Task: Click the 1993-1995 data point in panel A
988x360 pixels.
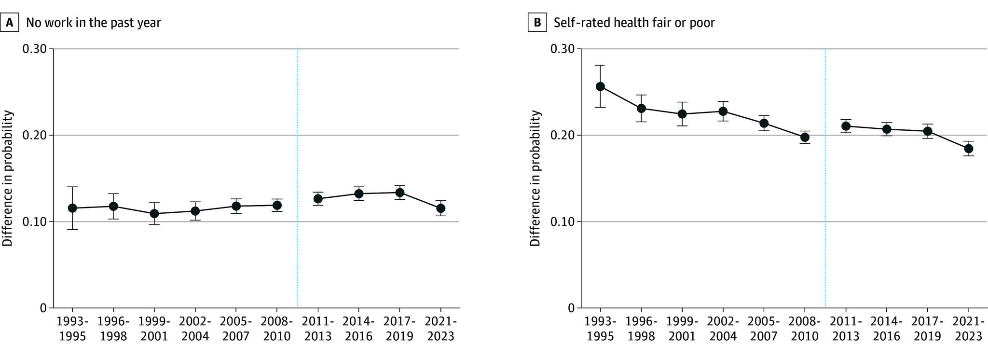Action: click(72, 208)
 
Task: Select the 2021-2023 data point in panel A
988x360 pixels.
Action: click(440, 208)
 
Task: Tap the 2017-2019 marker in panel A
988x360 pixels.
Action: click(399, 193)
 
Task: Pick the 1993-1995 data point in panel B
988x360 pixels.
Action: click(600, 86)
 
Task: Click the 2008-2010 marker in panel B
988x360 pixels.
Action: click(805, 137)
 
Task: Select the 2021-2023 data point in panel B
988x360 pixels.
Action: click(968, 149)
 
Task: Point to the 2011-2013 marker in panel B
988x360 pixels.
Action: click(846, 126)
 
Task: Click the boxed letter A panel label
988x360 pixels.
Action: click(10, 23)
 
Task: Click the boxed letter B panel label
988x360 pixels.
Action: click(537, 23)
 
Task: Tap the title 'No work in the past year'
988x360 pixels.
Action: click(93, 23)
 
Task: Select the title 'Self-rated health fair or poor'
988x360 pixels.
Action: click(634, 23)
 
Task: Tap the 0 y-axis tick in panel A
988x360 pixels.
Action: click(43, 308)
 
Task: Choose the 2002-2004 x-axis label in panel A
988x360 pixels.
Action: click(195, 329)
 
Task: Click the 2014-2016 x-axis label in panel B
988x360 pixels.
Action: click(886, 329)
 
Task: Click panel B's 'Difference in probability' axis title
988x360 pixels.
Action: click(535, 179)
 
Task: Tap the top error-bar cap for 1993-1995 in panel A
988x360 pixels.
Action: click(72, 187)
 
